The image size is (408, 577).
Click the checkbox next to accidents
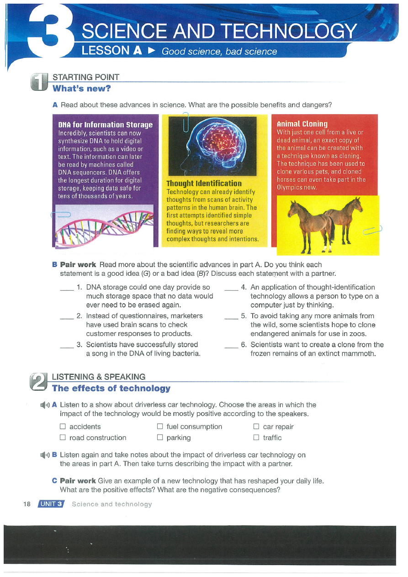tap(63, 427)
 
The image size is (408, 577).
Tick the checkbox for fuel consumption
tap(160, 427)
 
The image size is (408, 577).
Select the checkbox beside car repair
tap(256, 427)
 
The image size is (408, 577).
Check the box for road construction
tap(63, 438)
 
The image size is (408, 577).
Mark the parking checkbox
tap(160, 438)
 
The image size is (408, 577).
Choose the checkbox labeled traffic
tap(256, 438)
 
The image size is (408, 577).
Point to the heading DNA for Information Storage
tap(106, 125)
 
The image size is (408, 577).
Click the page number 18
tap(26, 504)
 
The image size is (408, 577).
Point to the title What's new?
tap(82, 88)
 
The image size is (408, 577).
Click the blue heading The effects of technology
tap(111, 388)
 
